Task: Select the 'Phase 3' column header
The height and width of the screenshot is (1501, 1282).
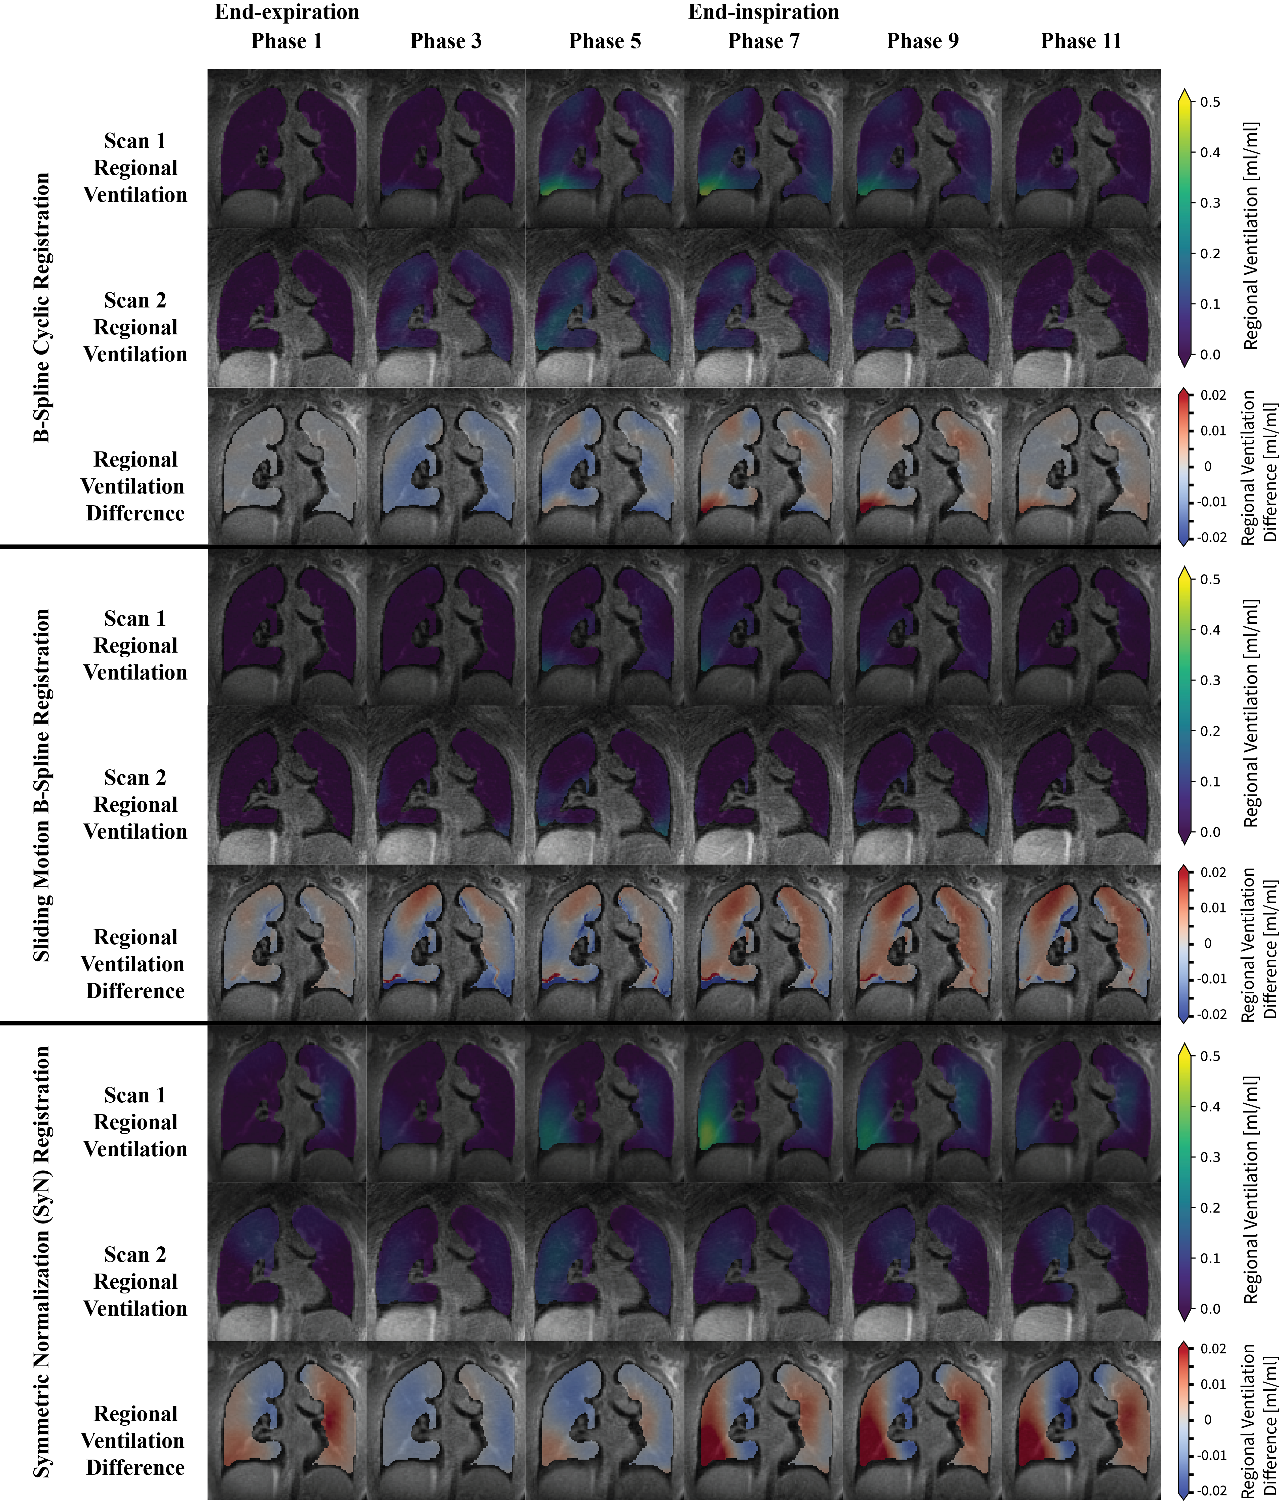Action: pos(446,41)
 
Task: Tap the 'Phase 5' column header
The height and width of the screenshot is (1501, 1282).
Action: pos(605,41)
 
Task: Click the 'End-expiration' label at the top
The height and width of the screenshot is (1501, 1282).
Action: pos(287,12)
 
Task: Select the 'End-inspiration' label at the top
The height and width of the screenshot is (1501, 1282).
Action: pos(763,12)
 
